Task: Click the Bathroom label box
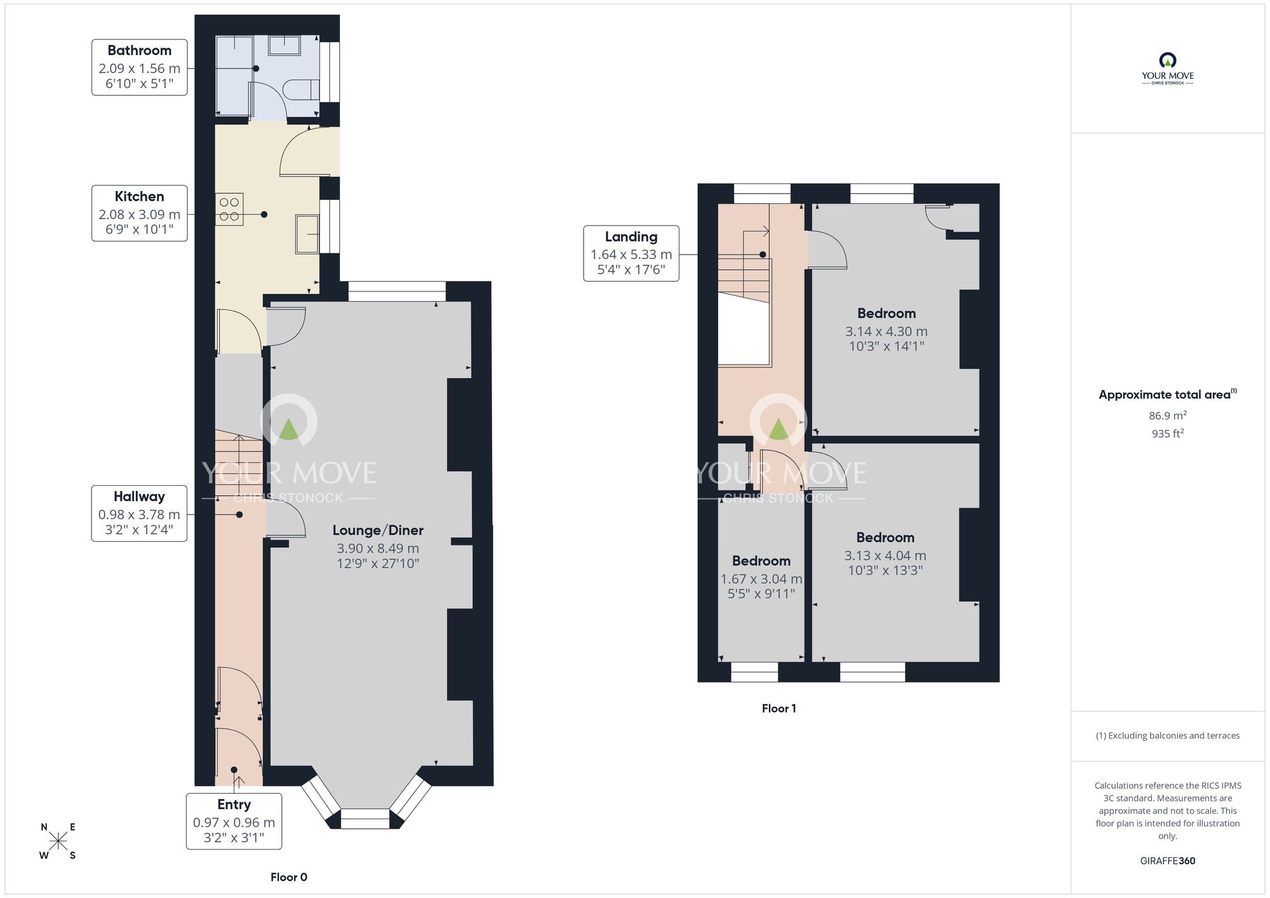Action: pos(139,67)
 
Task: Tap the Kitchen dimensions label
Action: pos(139,213)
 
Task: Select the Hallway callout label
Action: pos(139,513)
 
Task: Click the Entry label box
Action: pos(234,821)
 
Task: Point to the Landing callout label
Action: pos(631,253)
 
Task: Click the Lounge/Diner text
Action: pos(378,530)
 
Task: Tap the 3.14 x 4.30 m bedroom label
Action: pos(886,330)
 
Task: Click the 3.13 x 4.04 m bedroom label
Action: pos(885,554)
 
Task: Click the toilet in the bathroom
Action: pos(302,90)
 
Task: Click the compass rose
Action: pos(58,841)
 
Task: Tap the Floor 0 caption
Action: pos(288,877)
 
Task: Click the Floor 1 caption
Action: pos(779,708)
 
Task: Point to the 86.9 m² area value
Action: pos(1167,416)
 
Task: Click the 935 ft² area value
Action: pos(1167,434)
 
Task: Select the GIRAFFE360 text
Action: pos(1167,861)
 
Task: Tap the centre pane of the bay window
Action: pos(364,819)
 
